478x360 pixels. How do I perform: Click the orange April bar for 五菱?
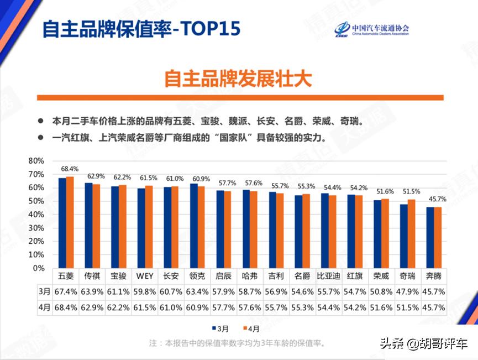pos(70,222)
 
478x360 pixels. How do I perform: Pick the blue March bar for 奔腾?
pos(430,237)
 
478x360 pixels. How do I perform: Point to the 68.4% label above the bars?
pos(70,169)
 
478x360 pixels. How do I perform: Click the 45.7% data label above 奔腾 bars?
pos(437,199)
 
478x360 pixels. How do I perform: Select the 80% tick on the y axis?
pos(36,161)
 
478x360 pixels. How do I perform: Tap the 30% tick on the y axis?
pos(36,228)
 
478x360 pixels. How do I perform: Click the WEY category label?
pos(145,275)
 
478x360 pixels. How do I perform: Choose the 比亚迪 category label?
pos(328,275)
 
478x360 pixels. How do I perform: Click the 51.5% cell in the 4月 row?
pos(407,307)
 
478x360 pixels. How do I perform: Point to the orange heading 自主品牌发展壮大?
pos(238,79)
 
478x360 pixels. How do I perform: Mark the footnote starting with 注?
pos(238,343)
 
